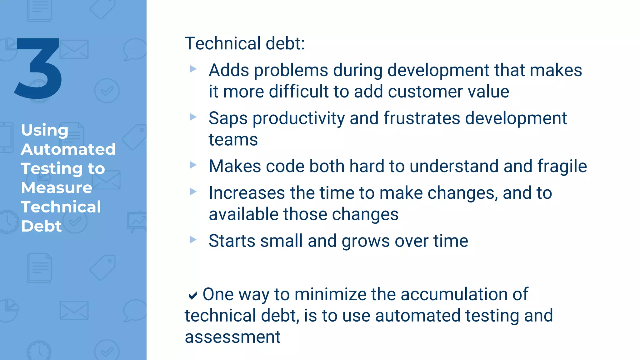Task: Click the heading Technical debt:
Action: coord(244,43)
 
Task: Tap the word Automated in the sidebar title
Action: coord(68,149)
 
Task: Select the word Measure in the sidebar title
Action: coord(57,188)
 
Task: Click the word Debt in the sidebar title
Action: coord(41,226)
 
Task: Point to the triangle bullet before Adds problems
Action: coord(193,69)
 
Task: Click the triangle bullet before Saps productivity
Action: coord(193,117)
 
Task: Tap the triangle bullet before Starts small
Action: coord(193,240)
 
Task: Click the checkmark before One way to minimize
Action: coord(193,295)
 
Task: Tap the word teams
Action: coord(233,140)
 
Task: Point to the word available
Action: coord(243,214)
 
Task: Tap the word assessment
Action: coord(232,337)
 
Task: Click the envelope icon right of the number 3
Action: coord(74,49)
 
